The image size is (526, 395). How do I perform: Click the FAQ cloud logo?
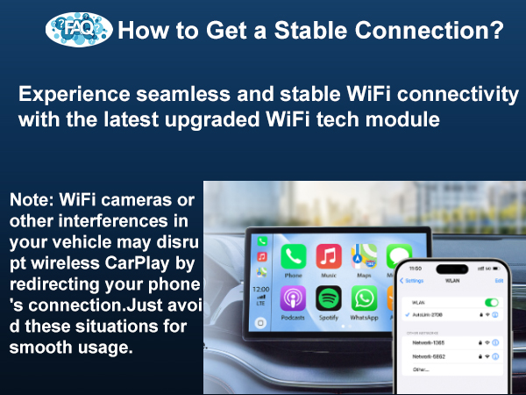pos(78,29)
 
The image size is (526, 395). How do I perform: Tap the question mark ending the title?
pos(495,32)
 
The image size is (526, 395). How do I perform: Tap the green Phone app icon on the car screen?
pos(292,257)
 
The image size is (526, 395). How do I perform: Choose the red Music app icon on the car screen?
pos(329,257)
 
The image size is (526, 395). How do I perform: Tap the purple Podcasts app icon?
pos(292,298)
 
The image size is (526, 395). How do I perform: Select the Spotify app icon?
pos(329,298)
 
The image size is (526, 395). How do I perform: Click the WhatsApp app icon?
pos(364,298)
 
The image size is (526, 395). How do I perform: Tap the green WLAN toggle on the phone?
pos(492,302)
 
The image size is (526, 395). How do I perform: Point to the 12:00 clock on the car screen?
pos(261,289)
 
